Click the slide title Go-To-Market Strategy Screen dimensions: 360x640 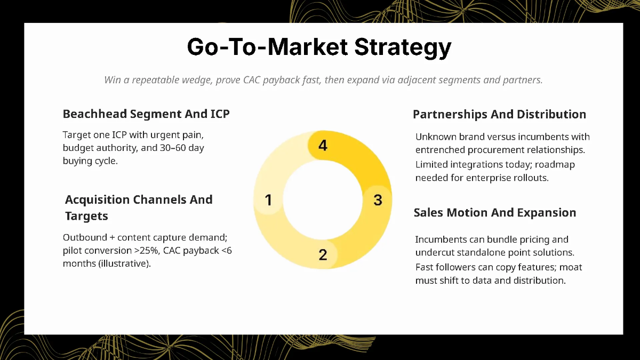tap(319, 47)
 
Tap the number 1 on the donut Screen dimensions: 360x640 tap(268, 200)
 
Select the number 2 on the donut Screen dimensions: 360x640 tap(323, 255)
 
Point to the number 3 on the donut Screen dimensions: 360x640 tap(378, 200)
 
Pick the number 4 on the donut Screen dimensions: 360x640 tap(323, 145)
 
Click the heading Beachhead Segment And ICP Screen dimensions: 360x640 tap(146, 114)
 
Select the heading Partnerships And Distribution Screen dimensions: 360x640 tap(499, 115)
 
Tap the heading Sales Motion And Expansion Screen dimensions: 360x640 tap(494, 213)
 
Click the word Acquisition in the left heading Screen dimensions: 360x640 tap(97, 200)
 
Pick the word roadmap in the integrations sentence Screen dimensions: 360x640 tap(554, 165)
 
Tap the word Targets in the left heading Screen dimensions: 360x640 tap(86, 216)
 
